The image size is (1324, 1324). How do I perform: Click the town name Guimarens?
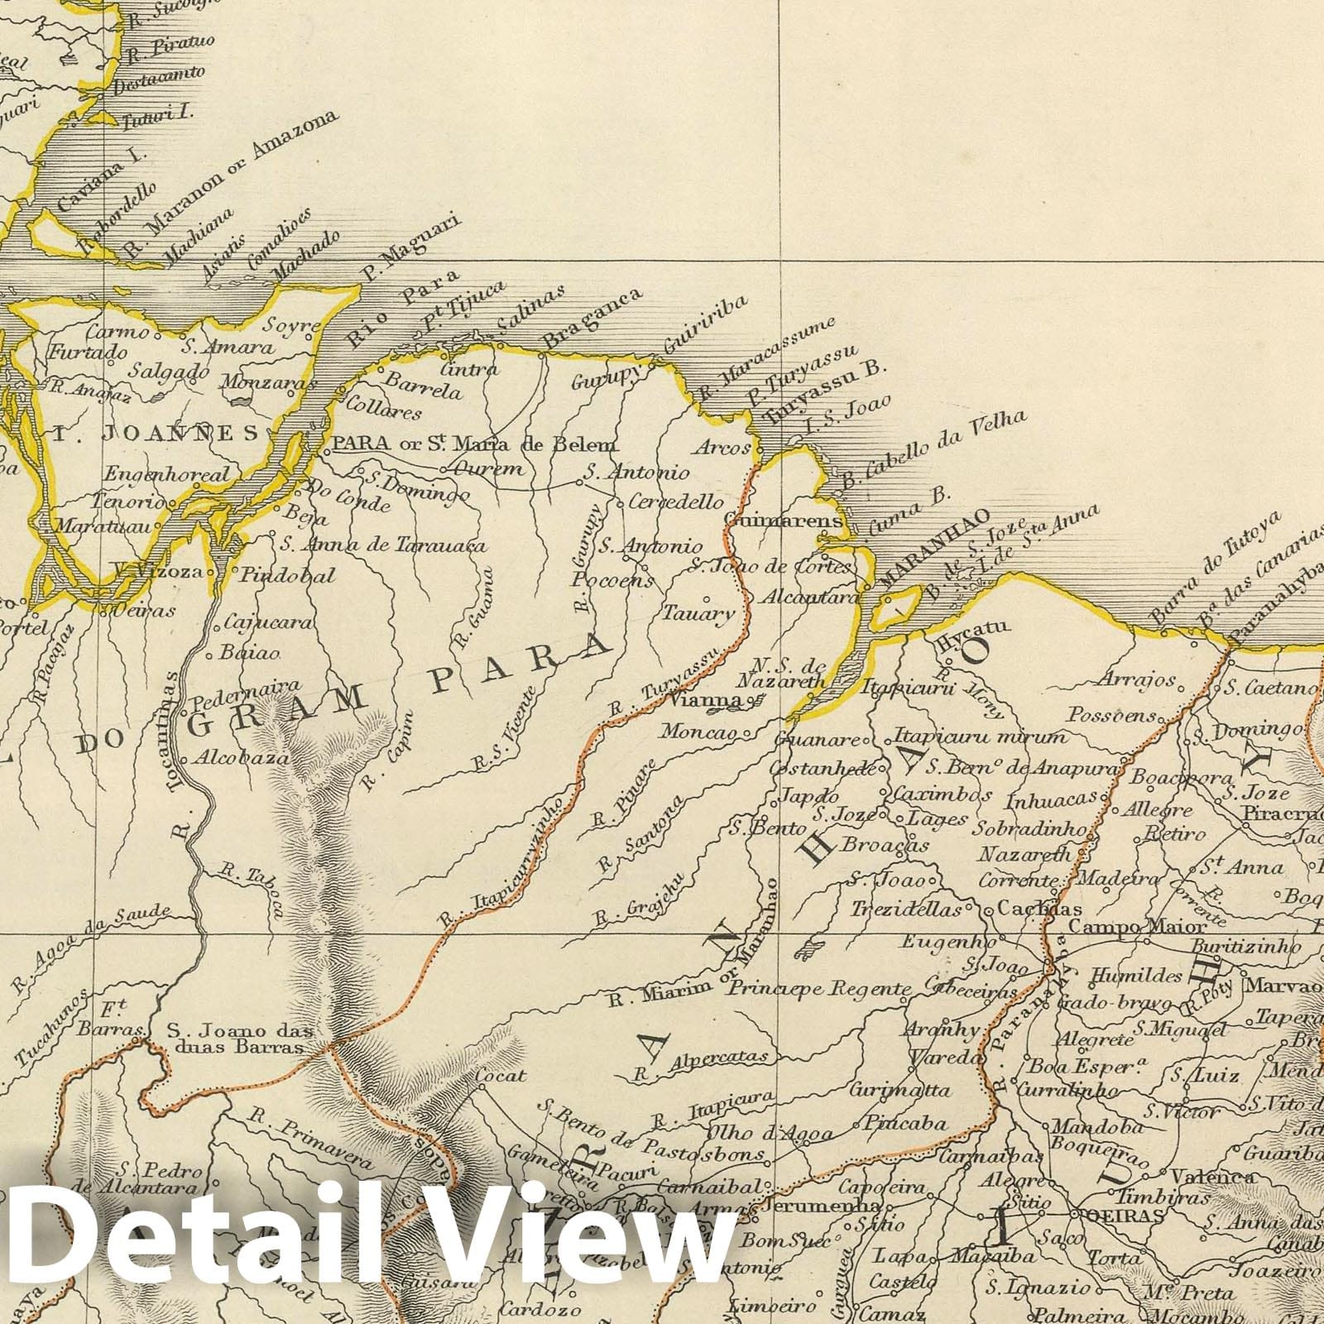pyautogui.click(x=782, y=521)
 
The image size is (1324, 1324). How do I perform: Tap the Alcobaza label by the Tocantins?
pyautogui.click(x=241, y=756)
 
